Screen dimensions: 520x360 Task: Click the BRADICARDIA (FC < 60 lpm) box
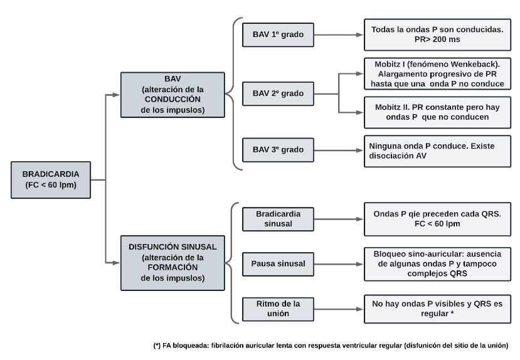coord(51,180)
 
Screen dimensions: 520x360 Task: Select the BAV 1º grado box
coord(278,34)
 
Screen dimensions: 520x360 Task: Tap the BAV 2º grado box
coord(278,94)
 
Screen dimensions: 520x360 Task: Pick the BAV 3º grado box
coord(278,150)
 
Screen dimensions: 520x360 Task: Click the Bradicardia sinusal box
coord(278,219)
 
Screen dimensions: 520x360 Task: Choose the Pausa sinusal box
coord(278,264)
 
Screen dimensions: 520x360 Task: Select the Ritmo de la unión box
coord(278,309)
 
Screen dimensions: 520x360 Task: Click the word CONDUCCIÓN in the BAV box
coord(172,100)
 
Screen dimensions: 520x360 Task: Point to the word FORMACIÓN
coord(172,267)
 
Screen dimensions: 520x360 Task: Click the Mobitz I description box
coord(437,73)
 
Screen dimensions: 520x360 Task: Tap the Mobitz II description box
coord(437,112)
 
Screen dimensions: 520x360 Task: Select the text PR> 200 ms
coord(437,40)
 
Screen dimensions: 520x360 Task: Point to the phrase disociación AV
coord(398,156)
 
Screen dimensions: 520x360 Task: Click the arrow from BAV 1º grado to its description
coord(339,34)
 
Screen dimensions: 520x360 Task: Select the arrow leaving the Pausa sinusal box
coord(339,264)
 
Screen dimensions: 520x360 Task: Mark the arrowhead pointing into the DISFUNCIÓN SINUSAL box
coord(116,263)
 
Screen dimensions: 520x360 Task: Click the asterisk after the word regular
coord(452,313)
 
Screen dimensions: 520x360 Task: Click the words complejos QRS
coord(437,273)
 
